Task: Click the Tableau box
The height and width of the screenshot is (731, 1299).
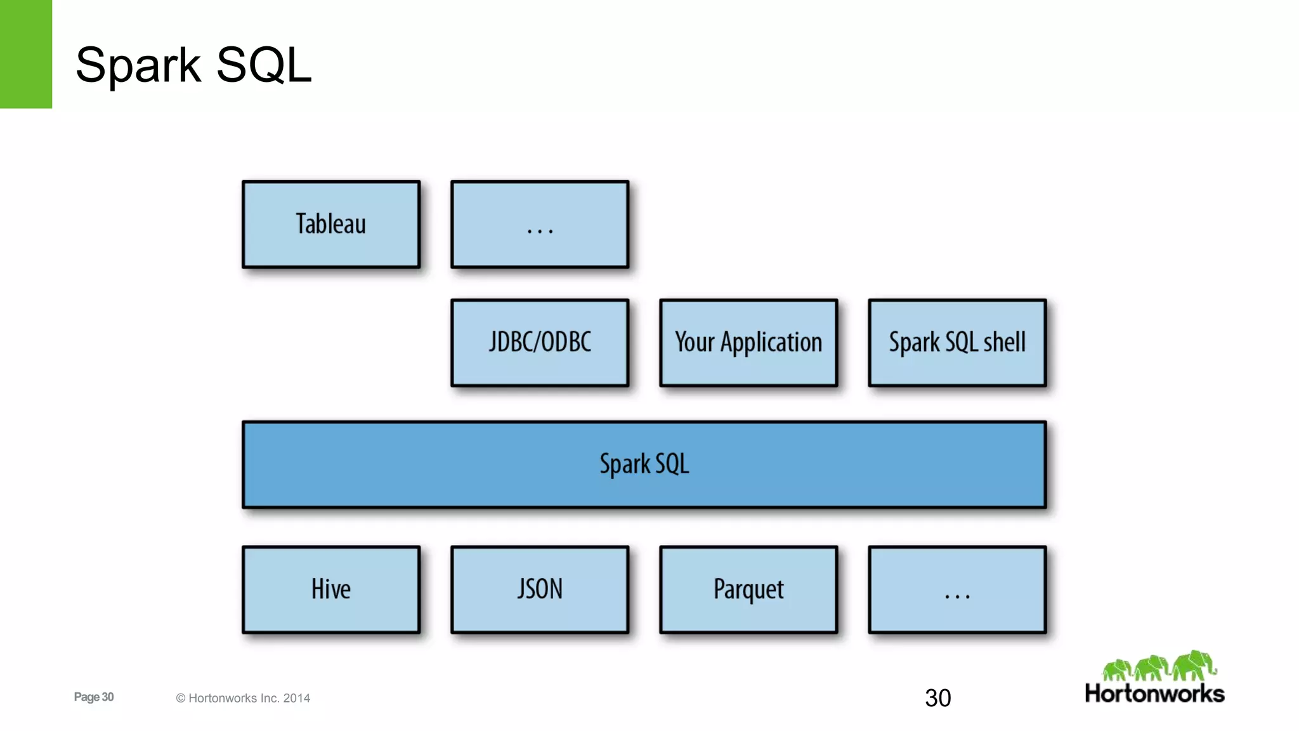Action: coord(330,224)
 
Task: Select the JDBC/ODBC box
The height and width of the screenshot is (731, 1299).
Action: coord(540,343)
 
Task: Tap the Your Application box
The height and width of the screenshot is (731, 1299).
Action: coord(748,343)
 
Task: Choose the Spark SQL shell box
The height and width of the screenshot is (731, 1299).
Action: coord(957,343)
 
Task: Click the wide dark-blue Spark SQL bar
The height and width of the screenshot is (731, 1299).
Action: coord(644,464)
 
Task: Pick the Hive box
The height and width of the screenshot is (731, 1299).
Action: coord(330,589)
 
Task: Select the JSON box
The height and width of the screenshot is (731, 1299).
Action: coord(540,589)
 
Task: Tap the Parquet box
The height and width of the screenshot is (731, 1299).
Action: coord(748,589)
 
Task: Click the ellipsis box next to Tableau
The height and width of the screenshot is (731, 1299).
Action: coord(540,224)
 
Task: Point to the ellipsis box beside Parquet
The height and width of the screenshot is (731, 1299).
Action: coord(957,589)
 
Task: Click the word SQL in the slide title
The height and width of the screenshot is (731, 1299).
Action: coord(263,65)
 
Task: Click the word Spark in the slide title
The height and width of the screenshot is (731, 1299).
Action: coord(138,66)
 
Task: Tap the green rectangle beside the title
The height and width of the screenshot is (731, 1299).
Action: coord(25,54)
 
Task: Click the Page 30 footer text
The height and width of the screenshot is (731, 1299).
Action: coord(94,697)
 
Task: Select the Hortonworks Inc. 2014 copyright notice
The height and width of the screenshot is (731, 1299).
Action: coord(243,698)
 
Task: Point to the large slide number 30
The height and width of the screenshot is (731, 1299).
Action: coord(937,698)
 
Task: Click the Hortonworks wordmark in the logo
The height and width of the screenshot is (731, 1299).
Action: coord(1154,694)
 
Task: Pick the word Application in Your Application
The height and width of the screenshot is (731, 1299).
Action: coord(771,343)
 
